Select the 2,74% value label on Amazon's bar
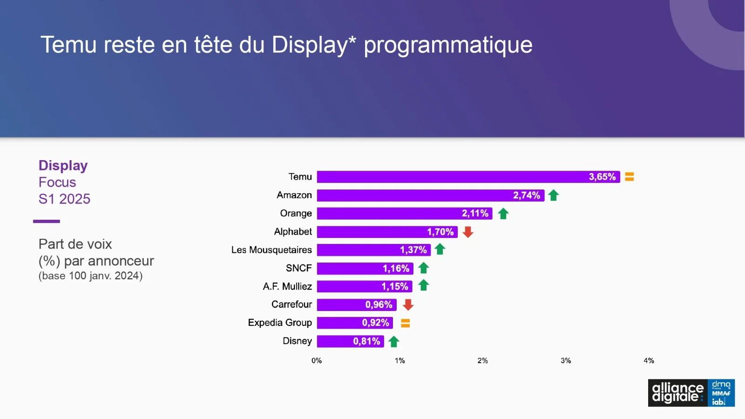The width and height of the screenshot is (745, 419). [527, 196]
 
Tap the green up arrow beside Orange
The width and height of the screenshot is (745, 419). [503, 214]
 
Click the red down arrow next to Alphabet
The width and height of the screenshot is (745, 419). [468, 232]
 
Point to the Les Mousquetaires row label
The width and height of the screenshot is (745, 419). [271, 250]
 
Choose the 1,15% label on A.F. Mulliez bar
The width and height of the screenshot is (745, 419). [395, 287]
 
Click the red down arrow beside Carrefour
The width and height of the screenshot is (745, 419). [408, 305]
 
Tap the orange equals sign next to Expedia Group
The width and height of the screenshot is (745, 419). [406, 323]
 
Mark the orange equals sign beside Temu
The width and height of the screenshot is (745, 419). [630, 177]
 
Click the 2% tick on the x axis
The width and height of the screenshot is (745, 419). [483, 361]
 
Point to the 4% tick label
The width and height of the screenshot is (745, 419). [649, 361]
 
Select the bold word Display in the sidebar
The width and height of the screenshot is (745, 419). [63, 166]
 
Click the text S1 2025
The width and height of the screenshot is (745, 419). [64, 199]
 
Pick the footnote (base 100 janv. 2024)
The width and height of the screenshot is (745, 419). [90, 276]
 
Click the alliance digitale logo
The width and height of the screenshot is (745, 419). [678, 393]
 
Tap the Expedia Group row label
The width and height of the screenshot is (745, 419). [280, 323]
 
